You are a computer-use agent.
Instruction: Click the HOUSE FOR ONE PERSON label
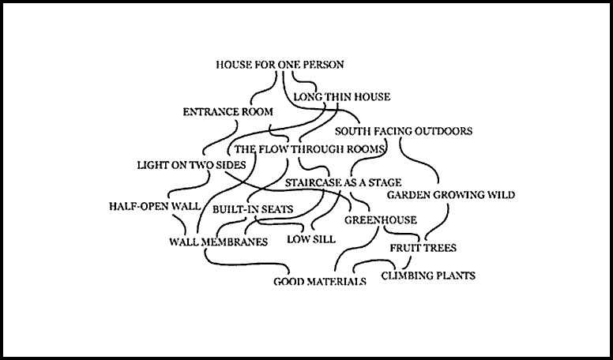280,65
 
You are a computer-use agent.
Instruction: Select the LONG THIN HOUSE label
341,98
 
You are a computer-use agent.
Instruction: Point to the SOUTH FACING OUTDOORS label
404,131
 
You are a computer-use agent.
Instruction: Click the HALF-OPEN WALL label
155,207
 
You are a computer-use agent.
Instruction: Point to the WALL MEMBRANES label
219,241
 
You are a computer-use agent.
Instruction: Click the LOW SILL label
310,238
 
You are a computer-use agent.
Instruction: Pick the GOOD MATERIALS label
320,281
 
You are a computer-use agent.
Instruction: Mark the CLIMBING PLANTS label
428,276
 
